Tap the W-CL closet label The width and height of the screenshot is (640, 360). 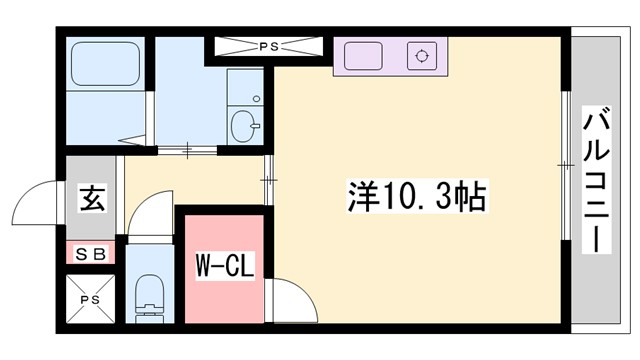tap(225, 267)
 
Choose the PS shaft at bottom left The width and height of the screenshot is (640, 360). tap(91, 297)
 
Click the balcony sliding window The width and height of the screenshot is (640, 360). tap(565, 165)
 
